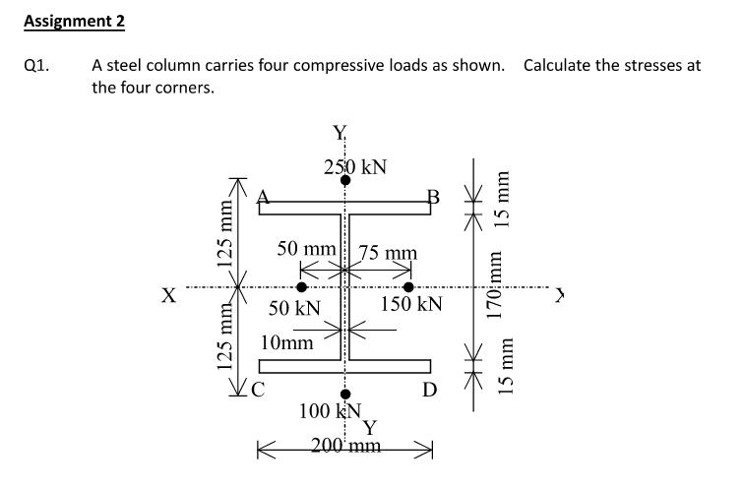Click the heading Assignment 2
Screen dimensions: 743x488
coord(75,20)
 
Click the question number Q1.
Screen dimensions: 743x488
coord(34,67)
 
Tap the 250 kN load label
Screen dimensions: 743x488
coord(354,166)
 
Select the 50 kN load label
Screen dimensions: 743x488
coord(295,308)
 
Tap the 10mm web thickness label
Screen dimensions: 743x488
coord(287,342)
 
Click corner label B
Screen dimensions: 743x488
coord(432,195)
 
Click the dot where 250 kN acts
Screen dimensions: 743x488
coord(346,181)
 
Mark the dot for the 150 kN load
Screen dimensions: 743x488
coord(395,286)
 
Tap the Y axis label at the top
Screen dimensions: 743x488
coord(341,134)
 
